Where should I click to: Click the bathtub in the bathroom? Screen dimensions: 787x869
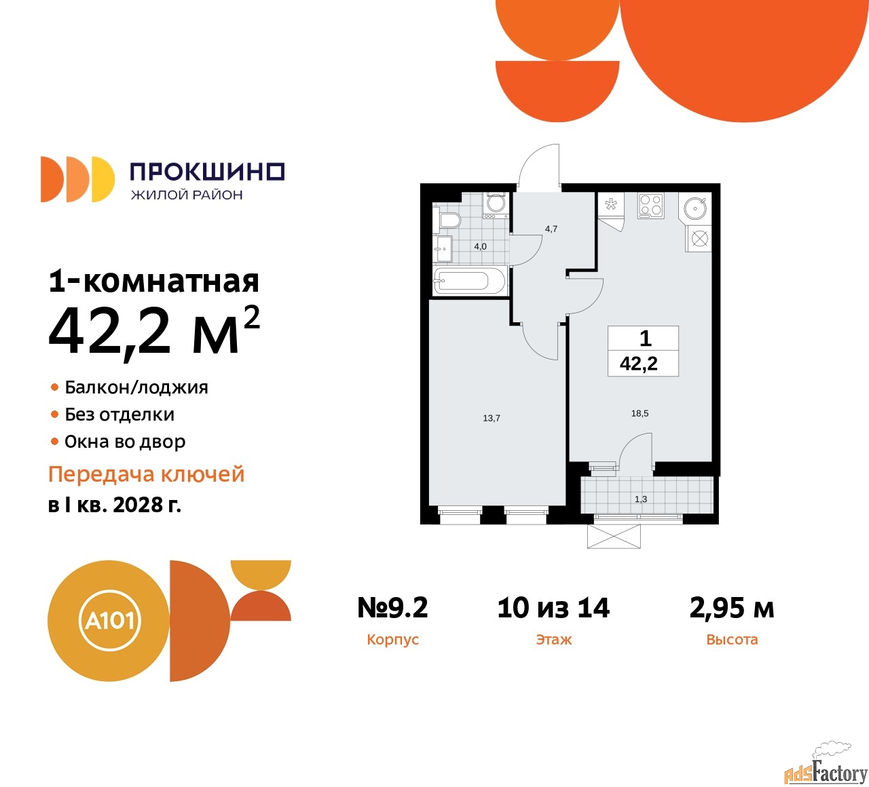[470, 280]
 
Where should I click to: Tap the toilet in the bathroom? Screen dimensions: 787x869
[448, 220]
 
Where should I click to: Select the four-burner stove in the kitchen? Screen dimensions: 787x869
[650, 206]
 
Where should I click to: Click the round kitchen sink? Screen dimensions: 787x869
[697, 208]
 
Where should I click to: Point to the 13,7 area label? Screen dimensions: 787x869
[492, 419]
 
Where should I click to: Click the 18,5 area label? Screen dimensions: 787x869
[640, 413]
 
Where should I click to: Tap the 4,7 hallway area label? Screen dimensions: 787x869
[551, 229]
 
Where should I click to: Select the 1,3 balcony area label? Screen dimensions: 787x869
[641, 499]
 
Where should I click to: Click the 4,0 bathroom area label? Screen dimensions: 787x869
[480, 246]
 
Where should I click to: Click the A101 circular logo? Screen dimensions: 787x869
[110, 620]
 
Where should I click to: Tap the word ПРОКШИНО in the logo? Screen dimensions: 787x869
[207, 172]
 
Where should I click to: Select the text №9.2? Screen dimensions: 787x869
[392, 608]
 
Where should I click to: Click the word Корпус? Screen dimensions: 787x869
[392, 640]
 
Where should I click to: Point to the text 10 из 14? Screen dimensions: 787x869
[553, 608]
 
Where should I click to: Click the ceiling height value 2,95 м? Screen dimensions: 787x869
[731, 608]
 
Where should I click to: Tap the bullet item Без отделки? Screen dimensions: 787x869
[119, 415]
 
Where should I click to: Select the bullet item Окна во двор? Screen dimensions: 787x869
[125, 442]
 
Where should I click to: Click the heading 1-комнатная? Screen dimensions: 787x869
[154, 281]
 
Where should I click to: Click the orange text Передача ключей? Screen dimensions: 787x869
[147, 474]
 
